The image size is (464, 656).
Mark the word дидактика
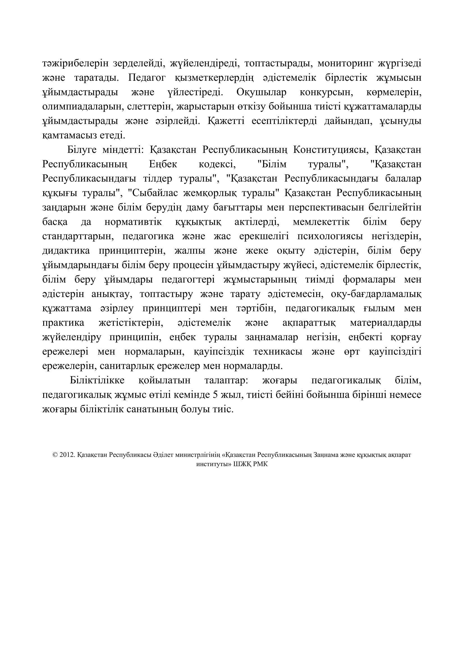66,251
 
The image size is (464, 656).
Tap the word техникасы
278,351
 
